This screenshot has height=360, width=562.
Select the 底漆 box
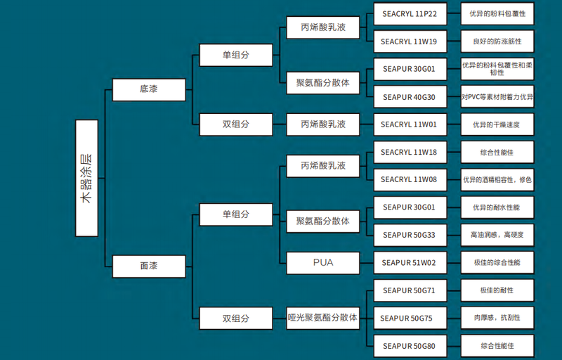click(x=148, y=89)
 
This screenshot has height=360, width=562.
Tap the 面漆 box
click(x=148, y=266)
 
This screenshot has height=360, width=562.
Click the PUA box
click(x=323, y=263)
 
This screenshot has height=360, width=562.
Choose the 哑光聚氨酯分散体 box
click(x=323, y=318)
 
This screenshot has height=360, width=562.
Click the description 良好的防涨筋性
click(x=497, y=41)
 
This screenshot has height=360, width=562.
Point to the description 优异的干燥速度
click(x=497, y=124)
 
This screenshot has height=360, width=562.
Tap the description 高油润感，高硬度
click(x=497, y=234)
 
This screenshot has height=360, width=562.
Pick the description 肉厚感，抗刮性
click(x=497, y=318)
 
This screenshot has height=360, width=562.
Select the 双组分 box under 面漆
click(x=236, y=318)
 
